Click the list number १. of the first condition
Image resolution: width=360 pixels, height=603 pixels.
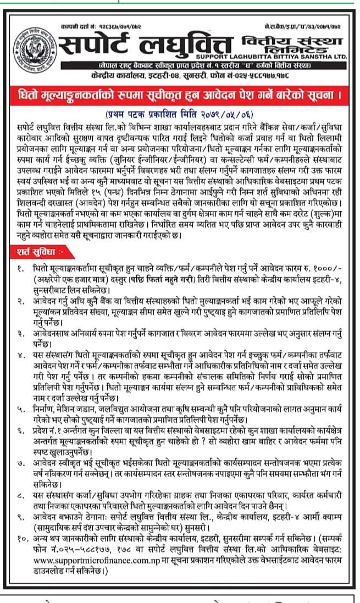(19, 268)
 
